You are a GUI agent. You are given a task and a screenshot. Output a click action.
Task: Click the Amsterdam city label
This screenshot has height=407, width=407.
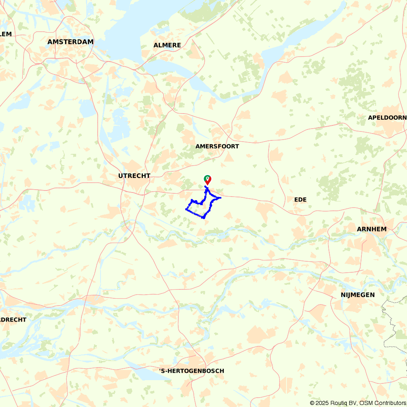(70, 42)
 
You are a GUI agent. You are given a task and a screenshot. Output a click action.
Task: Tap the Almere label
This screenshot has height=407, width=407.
(167, 45)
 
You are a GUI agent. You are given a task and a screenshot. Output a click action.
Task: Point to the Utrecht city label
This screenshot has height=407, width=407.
(134, 176)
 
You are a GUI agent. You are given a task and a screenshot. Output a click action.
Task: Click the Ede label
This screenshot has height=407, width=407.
(300, 199)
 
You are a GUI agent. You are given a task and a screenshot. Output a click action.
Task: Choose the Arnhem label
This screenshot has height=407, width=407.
(372, 229)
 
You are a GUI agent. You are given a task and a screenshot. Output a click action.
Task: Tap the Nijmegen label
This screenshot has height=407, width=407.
(358, 295)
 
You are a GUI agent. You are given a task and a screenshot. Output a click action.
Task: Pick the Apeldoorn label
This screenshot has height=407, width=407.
(387, 118)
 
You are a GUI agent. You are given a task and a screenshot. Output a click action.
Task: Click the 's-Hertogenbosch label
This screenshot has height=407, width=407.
(192, 371)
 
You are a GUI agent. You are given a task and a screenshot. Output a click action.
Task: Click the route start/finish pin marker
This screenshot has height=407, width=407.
(208, 179)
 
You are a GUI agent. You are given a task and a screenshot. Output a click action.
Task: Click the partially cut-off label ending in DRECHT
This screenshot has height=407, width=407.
(13, 319)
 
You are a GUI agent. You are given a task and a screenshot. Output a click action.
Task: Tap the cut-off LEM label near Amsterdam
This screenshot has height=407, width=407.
(6, 34)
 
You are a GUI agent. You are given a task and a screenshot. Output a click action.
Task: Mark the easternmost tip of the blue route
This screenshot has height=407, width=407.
(220, 198)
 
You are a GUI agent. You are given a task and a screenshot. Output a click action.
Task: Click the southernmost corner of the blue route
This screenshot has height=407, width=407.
(203, 218)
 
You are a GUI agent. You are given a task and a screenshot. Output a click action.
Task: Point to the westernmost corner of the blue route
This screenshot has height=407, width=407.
(186, 209)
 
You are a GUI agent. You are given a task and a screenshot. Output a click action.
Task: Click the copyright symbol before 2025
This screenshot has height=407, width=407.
(312, 403)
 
